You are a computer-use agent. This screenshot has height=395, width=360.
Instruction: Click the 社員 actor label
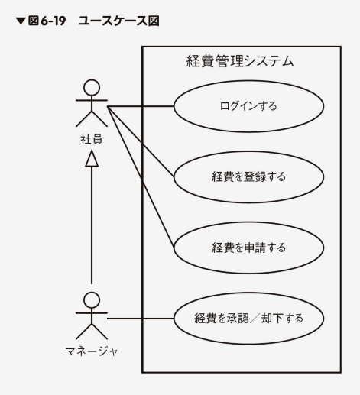point(92,139)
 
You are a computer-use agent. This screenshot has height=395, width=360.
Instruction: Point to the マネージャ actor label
point(92,351)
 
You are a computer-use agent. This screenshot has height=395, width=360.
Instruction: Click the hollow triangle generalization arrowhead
point(92,158)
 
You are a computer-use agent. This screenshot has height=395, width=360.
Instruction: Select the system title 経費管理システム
point(240,61)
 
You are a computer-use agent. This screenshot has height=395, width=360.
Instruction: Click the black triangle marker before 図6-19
point(21,21)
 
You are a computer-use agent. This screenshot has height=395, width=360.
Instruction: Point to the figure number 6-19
point(54,21)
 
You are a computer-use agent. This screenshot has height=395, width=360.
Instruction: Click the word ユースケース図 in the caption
point(118,21)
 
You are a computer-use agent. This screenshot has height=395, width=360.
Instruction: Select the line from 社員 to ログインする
point(141,106)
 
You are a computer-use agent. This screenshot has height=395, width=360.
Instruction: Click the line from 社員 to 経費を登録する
point(141,142)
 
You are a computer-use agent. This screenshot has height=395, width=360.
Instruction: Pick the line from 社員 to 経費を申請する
point(141,177)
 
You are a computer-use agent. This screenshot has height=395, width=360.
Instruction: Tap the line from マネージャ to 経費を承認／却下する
point(141,319)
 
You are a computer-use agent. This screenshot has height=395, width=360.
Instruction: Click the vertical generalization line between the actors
point(92,225)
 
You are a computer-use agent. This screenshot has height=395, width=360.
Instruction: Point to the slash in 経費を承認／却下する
point(255,319)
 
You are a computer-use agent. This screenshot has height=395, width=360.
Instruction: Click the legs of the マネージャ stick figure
point(92,331)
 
